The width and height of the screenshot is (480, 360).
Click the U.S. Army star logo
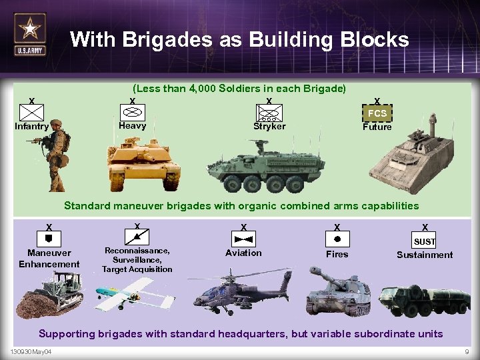(30, 33)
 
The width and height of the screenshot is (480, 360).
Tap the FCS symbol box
(377, 113)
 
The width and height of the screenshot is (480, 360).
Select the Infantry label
(32, 127)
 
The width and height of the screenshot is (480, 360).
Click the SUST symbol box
(425, 241)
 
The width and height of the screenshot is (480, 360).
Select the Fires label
(337, 254)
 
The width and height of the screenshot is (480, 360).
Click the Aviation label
(243, 253)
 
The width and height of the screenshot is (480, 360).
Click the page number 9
(466, 352)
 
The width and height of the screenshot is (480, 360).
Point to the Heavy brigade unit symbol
(132, 111)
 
